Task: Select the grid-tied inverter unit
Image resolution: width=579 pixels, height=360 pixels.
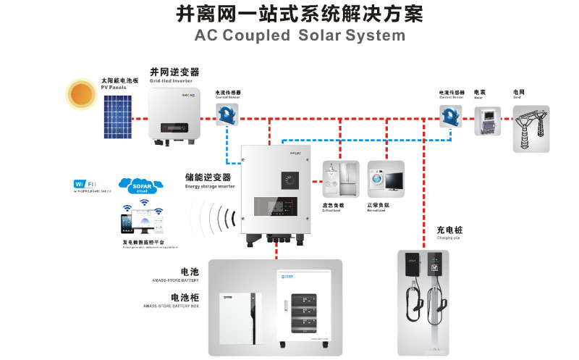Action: pyautogui.click(x=174, y=110)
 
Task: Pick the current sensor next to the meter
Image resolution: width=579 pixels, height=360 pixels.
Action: pyautogui.click(x=449, y=114)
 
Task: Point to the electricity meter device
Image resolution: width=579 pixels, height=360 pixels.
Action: pyautogui.click(x=487, y=121)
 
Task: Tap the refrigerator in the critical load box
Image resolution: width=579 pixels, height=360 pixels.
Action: pyautogui.click(x=348, y=178)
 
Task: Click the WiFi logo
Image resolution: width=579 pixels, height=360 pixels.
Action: pyautogui.click(x=84, y=184)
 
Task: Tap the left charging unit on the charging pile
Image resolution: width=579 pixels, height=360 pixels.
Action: pyautogui.click(x=413, y=275)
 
